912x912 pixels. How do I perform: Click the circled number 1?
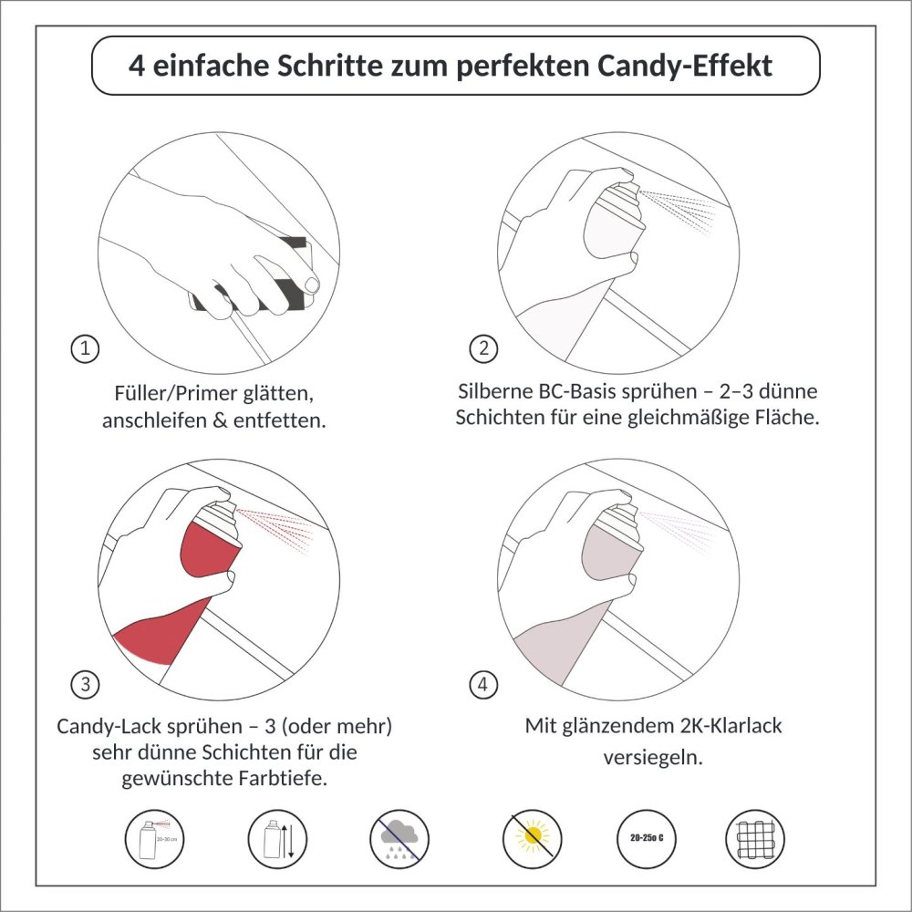coord(85,348)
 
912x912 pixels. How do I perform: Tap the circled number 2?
coord(483,348)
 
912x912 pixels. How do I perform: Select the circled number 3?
coord(85,684)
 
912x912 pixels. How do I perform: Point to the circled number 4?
coord(483,684)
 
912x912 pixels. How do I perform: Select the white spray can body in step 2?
coord(614,229)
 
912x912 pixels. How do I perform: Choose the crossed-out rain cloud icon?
coord(399,838)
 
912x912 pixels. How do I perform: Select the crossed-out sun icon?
coord(532,838)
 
